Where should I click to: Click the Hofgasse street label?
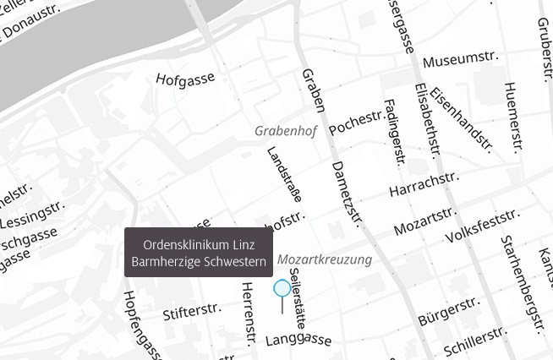(x=184, y=79)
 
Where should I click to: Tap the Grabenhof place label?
(x=286, y=132)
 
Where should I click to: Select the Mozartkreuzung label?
(x=325, y=259)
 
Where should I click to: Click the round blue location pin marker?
(x=282, y=288)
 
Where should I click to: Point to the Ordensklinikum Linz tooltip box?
(x=199, y=253)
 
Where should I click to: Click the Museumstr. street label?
(x=461, y=60)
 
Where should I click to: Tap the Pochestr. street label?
(x=355, y=123)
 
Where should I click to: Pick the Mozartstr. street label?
(x=424, y=221)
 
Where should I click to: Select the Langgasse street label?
(x=298, y=340)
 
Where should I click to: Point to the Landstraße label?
(x=285, y=173)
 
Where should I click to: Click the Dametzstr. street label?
(x=347, y=194)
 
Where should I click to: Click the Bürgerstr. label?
(x=448, y=311)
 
